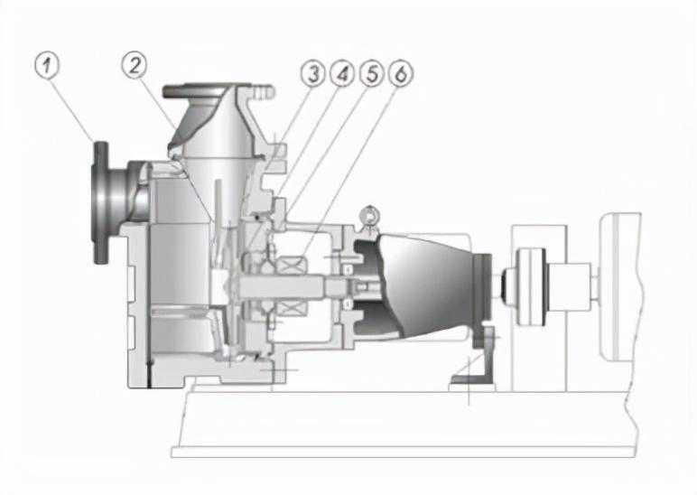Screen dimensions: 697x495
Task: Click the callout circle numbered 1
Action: click(47, 66)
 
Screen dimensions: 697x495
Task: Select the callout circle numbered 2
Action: click(135, 65)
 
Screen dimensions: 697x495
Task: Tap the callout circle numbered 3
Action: click(313, 73)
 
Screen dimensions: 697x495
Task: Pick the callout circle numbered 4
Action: click(342, 73)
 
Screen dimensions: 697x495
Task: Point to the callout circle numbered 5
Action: click(372, 73)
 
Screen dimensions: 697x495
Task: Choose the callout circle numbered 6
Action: click(401, 73)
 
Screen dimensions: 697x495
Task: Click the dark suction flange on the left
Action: click(100, 203)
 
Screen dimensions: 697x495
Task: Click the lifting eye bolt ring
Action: click(370, 216)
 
